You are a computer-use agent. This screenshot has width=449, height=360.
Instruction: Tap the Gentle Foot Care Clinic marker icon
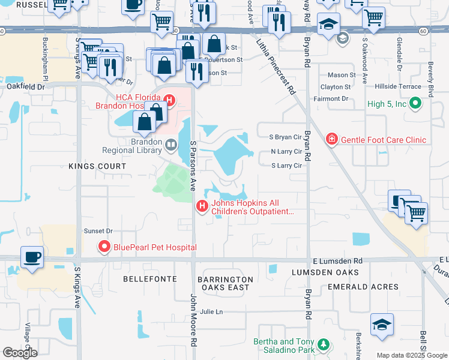[331, 140]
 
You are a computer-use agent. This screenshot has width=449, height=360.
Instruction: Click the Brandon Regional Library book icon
[171, 145]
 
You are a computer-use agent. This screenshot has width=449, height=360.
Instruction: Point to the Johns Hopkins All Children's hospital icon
[202, 207]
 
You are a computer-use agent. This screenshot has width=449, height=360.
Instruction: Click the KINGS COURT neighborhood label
[97, 166]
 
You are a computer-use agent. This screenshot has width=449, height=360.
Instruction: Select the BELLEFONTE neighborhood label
[149, 279]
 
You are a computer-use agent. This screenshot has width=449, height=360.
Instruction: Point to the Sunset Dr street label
[98, 230]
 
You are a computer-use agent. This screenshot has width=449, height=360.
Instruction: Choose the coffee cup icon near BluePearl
[32, 257]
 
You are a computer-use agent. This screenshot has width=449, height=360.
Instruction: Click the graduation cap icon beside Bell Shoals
[382, 325]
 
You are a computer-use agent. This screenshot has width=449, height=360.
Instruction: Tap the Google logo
[20, 352]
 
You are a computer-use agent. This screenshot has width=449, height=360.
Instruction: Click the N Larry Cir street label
[286, 151]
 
